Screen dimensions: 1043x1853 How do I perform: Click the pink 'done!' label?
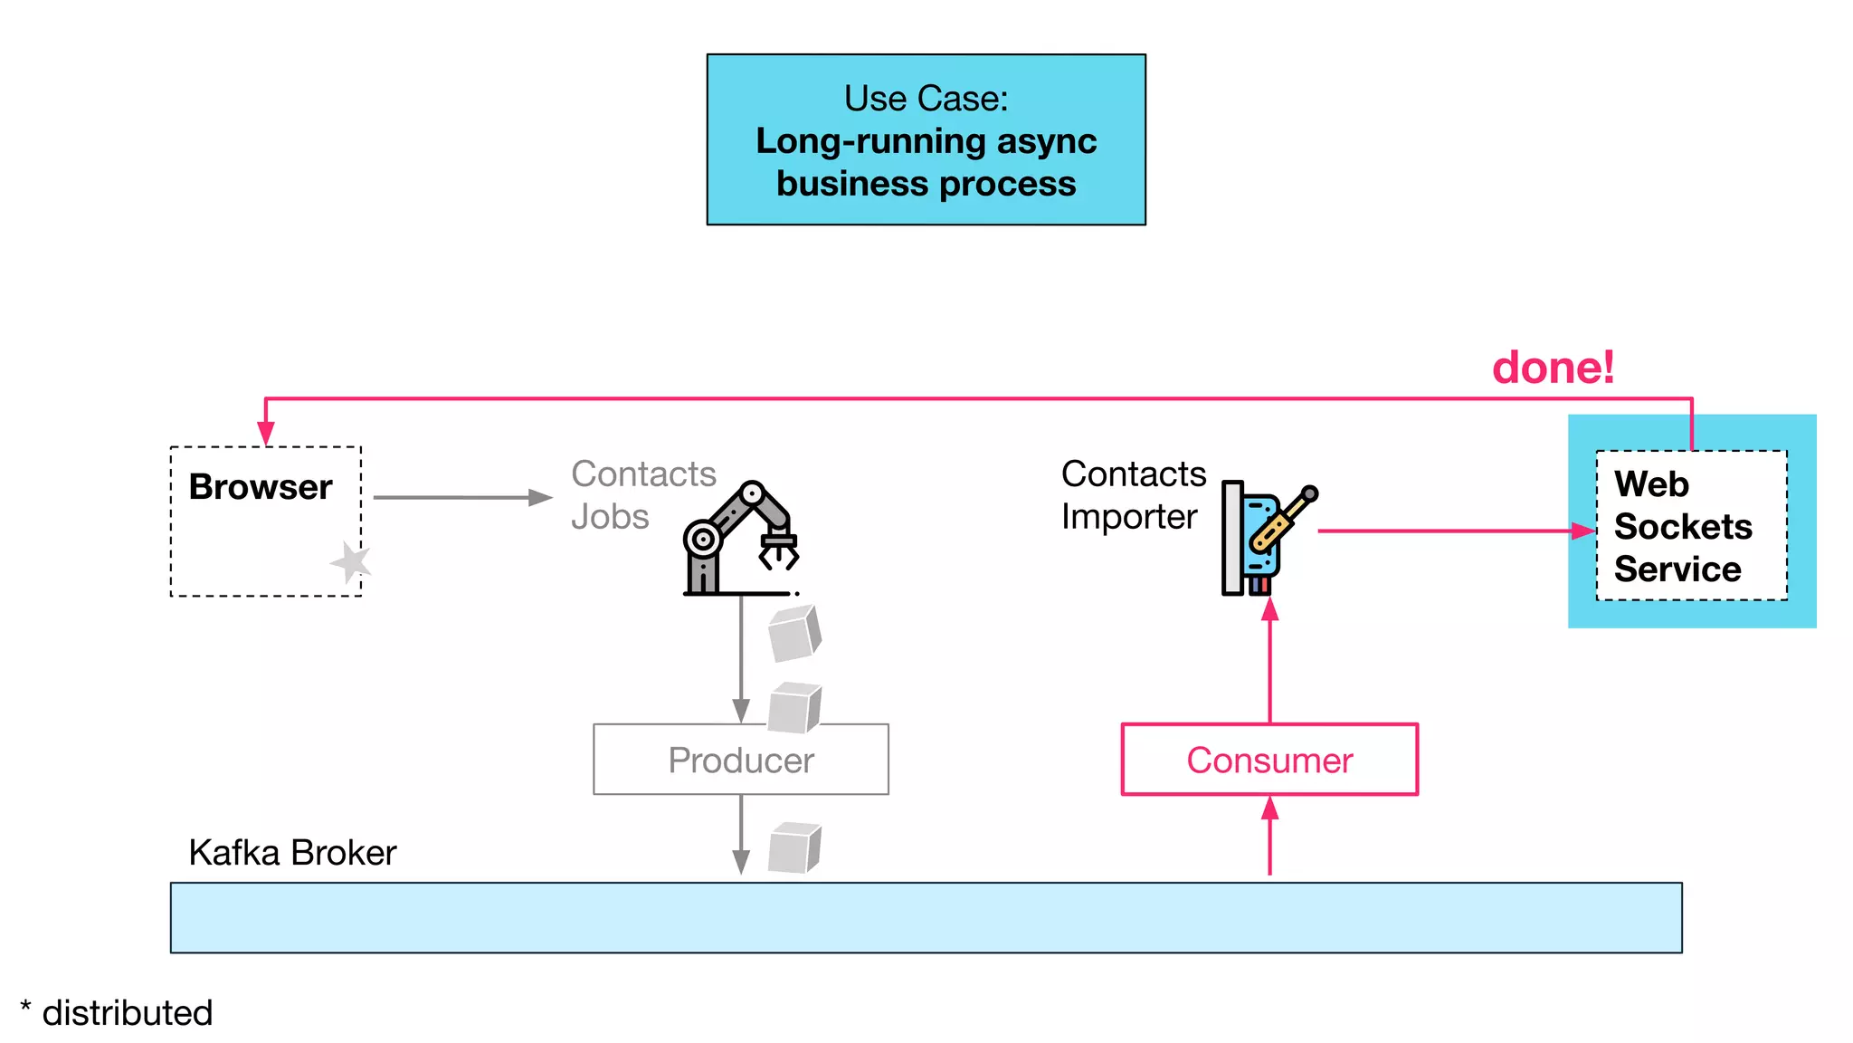point(1553,368)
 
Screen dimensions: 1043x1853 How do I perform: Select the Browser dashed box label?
point(261,487)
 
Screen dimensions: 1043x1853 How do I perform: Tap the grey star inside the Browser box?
point(351,562)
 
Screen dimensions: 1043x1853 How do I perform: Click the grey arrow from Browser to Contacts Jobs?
point(461,497)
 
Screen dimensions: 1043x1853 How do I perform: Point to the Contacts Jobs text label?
point(642,494)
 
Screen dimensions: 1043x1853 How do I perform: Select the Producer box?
point(740,760)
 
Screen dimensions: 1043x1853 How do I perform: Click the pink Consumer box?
point(1269,760)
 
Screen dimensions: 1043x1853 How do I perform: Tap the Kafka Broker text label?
point(292,853)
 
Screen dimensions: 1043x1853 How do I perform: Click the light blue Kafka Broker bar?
point(926,917)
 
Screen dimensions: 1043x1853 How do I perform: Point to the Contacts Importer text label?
point(1133,494)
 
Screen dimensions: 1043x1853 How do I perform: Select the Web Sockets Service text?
point(1682,526)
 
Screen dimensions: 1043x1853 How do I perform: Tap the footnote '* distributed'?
point(117,1012)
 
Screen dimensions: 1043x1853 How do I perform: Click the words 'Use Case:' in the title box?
point(926,98)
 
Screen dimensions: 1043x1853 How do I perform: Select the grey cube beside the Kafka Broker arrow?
point(793,847)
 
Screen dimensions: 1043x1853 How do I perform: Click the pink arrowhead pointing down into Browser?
point(265,433)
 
